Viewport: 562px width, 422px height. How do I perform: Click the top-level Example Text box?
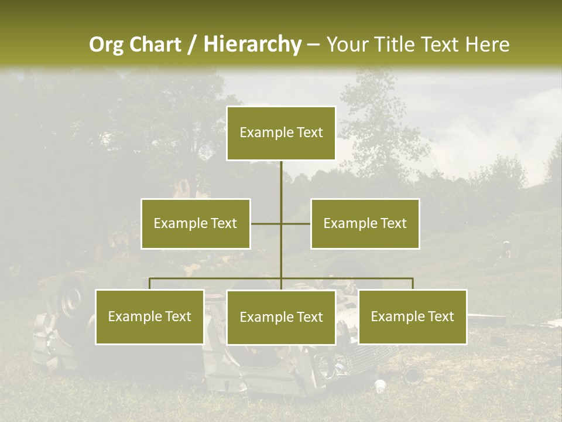281,133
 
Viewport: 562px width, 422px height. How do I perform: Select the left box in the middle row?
196,223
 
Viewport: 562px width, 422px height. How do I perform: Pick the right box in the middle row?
365,223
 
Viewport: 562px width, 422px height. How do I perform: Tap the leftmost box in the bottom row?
150,316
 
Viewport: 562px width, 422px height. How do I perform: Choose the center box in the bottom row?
281,317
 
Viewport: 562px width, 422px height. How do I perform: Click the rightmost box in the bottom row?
412,316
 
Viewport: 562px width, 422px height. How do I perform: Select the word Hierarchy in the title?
252,45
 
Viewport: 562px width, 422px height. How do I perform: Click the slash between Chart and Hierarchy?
192,45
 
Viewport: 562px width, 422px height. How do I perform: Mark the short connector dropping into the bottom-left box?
150,284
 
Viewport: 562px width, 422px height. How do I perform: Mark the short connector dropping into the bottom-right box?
413,284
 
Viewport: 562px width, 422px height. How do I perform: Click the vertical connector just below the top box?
281,176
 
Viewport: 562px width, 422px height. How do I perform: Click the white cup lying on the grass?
380,386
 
